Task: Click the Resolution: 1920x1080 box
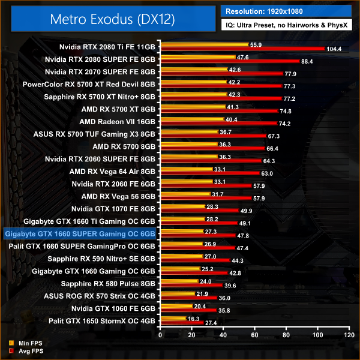[286, 11]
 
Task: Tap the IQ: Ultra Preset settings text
[286, 26]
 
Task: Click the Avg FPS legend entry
[22, 350]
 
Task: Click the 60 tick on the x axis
[254, 334]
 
